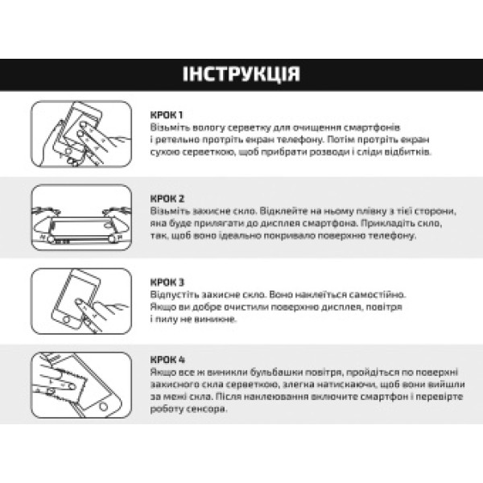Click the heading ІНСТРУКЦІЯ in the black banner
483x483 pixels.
pos(242,75)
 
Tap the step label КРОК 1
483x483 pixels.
pos(167,114)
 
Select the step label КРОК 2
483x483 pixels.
pos(168,198)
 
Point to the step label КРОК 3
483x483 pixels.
pos(168,283)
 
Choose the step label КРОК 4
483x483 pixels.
pos(168,360)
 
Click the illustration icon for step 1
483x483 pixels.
pos(80,134)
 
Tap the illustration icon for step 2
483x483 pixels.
pos(80,217)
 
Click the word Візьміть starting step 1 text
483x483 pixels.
pos(169,127)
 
